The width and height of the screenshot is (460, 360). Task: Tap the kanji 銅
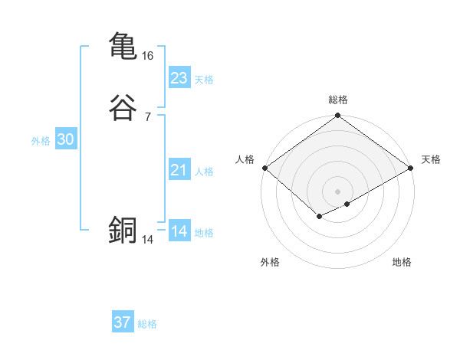pos(123,230)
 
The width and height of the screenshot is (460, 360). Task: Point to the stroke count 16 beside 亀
pos(148,56)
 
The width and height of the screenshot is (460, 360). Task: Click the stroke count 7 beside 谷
pos(147,117)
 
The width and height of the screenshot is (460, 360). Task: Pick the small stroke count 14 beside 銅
pos(148,240)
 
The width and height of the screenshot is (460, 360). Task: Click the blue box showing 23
pos(179,78)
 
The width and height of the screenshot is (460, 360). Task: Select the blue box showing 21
pos(179,170)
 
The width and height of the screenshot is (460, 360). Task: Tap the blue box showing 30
pos(65,139)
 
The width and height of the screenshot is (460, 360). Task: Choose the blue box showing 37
pos(122,322)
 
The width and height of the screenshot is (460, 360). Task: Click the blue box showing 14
pos(179,231)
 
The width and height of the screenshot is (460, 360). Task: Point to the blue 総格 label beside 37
pos(147,324)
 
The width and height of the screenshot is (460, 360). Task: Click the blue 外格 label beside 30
pos(41,141)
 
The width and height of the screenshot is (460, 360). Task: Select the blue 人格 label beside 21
pos(205,172)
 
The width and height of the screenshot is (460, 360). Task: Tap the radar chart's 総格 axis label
pos(338,100)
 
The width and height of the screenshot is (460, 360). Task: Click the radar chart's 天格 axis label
pos(431,159)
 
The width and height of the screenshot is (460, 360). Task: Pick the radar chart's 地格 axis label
pos(402,262)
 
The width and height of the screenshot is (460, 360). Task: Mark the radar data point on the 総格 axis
pos(338,116)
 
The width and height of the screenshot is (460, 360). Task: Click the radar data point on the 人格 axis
pos(264,168)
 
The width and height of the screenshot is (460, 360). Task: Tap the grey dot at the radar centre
pos(338,191)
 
